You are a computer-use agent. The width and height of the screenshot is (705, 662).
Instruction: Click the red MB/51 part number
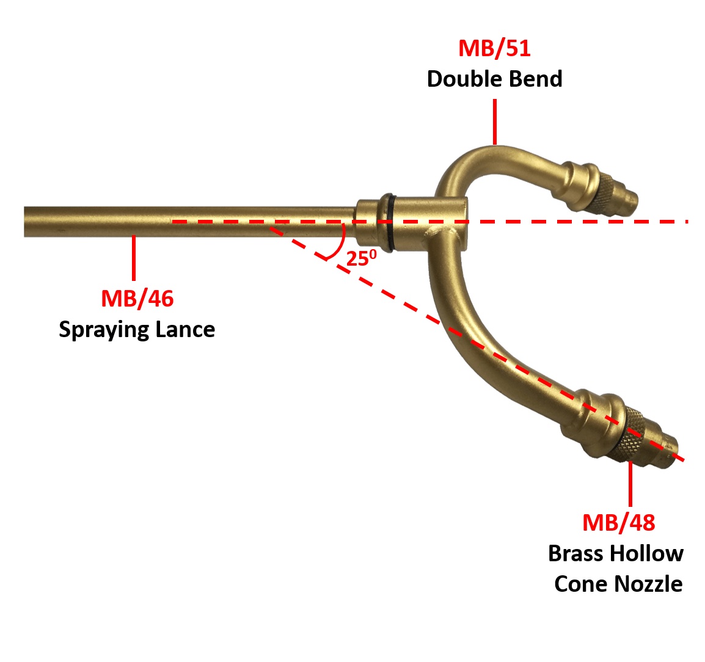pyautogui.click(x=494, y=48)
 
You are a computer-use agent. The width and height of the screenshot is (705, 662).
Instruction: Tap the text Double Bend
pyautogui.click(x=494, y=79)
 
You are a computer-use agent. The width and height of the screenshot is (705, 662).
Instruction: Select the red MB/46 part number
pyautogui.click(x=137, y=299)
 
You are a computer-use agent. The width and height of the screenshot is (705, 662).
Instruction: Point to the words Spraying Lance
pyautogui.click(x=137, y=330)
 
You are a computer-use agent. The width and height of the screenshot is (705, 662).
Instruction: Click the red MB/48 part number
pyautogui.click(x=618, y=523)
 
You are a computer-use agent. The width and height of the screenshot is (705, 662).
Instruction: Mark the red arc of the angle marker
pyautogui.click(x=340, y=244)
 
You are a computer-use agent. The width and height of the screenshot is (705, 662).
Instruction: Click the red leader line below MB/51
pyautogui.click(x=494, y=122)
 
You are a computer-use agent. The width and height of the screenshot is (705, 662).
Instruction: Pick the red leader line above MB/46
pyautogui.click(x=134, y=258)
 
